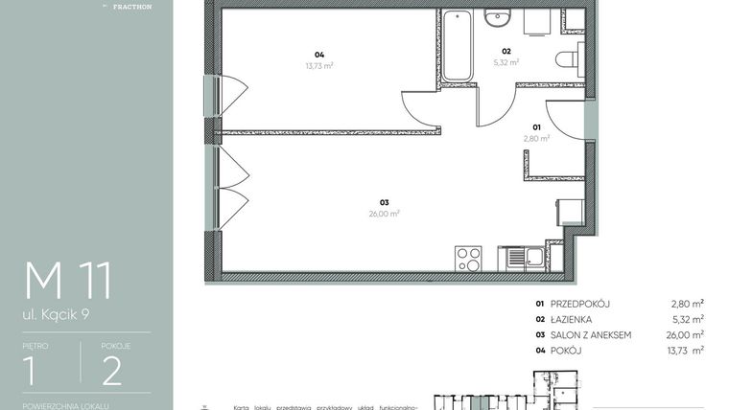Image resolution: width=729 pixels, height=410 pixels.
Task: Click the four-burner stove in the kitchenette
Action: pyautogui.click(x=468, y=258)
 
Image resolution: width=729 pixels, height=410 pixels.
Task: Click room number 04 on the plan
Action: pyautogui.click(x=318, y=54)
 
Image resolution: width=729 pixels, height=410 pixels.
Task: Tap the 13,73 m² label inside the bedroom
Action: pyautogui.click(x=318, y=65)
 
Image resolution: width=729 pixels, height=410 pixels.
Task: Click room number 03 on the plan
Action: pyautogui.click(x=384, y=202)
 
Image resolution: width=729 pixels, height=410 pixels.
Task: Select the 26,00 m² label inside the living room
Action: pyautogui.click(x=384, y=214)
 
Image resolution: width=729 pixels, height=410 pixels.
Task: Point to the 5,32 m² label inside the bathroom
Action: pyautogui.click(x=506, y=62)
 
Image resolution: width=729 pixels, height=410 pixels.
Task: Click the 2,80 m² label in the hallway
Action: pyautogui.click(x=536, y=138)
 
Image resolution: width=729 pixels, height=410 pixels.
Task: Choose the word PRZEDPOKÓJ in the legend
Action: pyautogui.click(x=580, y=304)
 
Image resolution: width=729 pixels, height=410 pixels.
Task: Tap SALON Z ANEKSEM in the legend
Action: pyautogui.click(x=591, y=334)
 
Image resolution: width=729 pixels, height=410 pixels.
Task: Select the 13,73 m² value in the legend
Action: pyautogui.click(x=688, y=350)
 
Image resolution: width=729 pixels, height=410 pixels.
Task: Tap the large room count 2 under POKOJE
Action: pyautogui.click(x=111, y=370)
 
